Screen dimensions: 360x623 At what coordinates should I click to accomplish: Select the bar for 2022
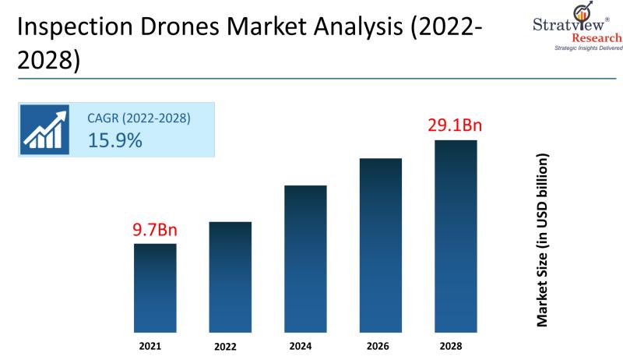coord(231,276)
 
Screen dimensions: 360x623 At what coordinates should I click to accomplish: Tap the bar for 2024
coord(305,258)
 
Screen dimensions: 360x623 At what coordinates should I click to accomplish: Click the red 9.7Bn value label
coord(154,231)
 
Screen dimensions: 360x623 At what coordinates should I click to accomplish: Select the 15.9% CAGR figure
coord(114,141)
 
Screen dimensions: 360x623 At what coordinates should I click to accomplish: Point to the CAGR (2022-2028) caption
coord(139,118)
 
